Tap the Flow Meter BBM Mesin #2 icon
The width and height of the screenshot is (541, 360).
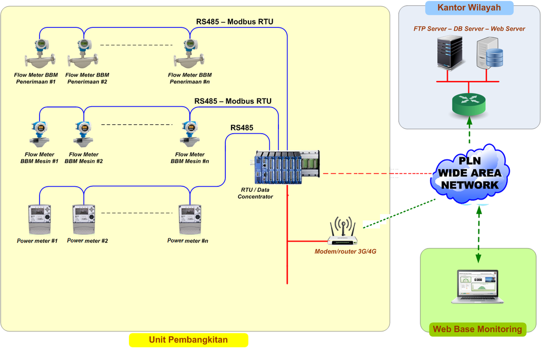point(83,134)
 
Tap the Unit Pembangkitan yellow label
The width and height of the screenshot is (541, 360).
point(188,339)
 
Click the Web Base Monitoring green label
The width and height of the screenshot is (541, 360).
point(477,329)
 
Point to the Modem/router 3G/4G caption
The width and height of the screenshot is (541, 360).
point(345,252)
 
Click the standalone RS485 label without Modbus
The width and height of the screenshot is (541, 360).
point(242,128)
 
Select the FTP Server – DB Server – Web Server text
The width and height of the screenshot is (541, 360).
point(469,29)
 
